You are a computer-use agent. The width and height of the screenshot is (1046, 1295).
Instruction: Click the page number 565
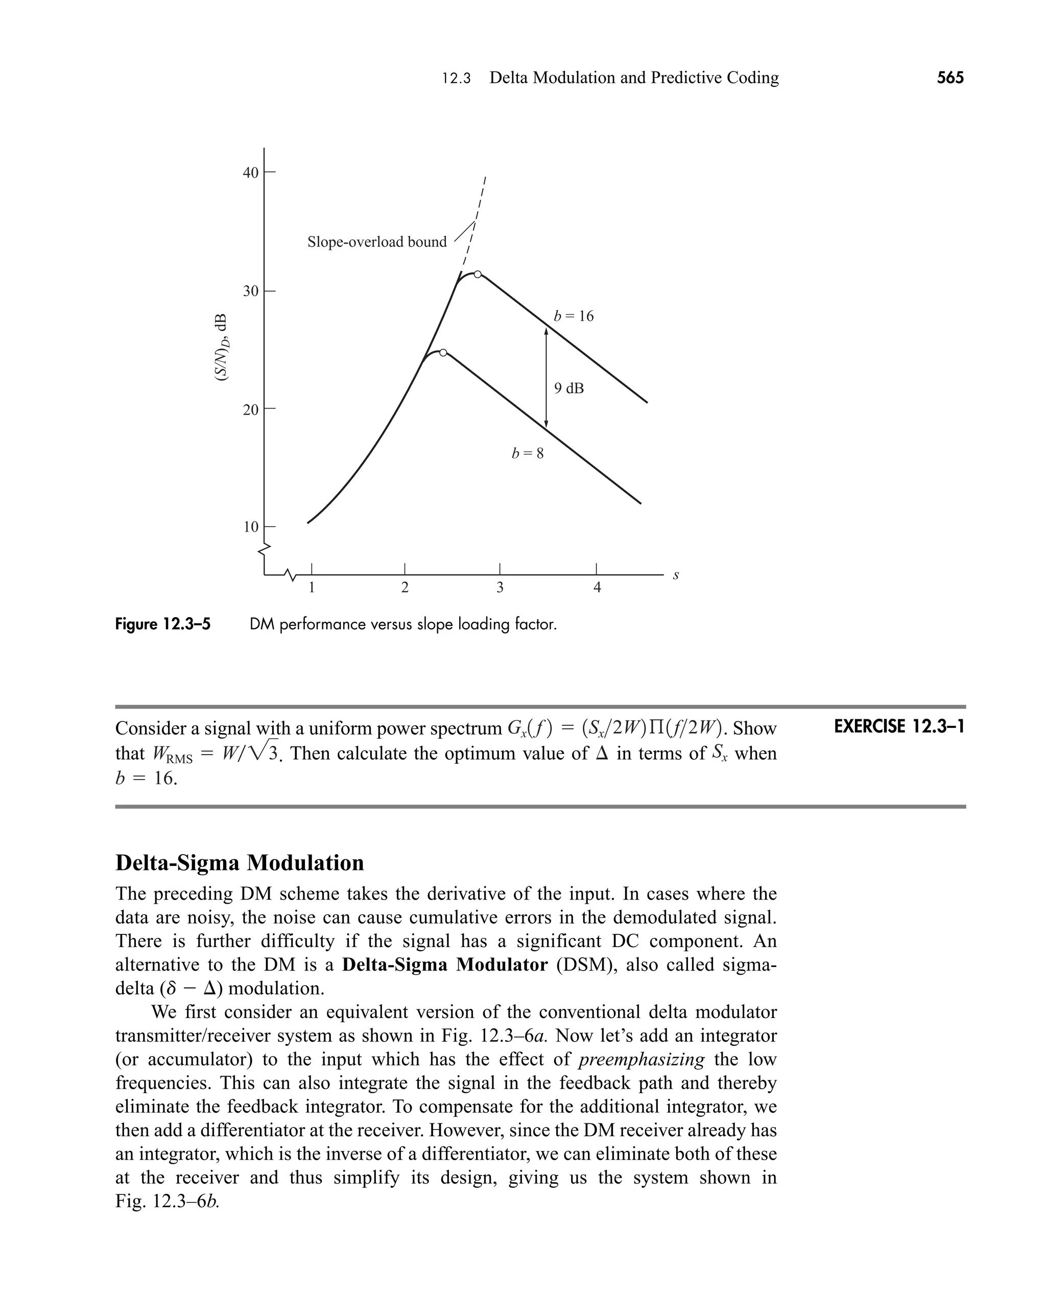[x=949, y=78]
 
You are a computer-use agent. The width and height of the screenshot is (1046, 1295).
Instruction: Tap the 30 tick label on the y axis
[x=250, y=292]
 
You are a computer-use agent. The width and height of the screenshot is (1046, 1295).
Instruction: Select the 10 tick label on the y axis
[x=250, y=527]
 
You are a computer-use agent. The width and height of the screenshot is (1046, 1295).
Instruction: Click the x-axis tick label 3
[x=500, y=587]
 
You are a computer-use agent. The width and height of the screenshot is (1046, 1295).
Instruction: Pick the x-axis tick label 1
[x=312, y=587]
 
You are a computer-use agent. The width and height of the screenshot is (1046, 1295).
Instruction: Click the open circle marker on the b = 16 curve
[x=478, y=274]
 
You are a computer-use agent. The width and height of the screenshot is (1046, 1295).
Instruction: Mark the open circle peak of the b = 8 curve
[x=443, y=352]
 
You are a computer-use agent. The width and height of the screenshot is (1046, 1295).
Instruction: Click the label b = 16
[x=574, y=316]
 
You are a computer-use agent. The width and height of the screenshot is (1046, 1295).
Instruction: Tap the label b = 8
[x=528, y=454]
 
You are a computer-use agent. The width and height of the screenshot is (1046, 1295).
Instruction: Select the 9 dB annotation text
[x=569, y=389]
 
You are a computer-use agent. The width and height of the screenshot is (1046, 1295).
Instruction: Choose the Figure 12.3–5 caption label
[x=163, y=624]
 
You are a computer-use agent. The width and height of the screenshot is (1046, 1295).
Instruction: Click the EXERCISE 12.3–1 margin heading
[x=899, y=727]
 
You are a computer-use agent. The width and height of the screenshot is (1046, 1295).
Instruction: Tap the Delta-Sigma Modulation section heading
[x=240, y=863]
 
